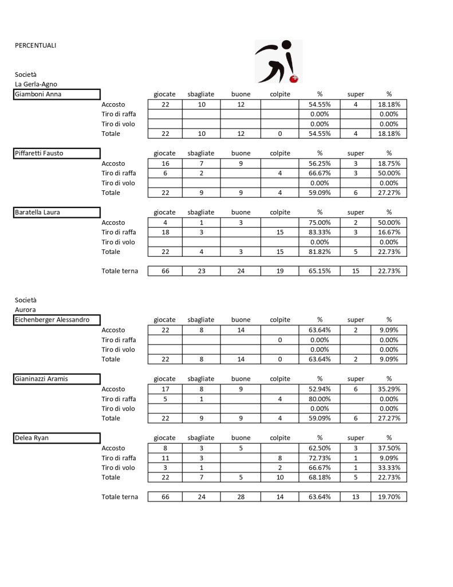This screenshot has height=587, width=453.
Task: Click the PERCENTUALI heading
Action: [x=36, y=45]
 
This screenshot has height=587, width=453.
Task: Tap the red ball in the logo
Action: [x=295, y=78]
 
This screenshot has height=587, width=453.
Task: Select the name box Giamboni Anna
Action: [x=57, y=95]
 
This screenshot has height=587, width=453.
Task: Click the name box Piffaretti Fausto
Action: [x=57, y=153]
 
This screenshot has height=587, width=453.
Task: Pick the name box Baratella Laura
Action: [x=57, y=212]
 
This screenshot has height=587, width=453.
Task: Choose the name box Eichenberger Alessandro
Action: [x=57, y=320]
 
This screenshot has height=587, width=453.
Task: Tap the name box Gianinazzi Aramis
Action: [x=57, y=379]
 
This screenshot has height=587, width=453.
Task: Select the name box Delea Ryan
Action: [x=57, y=438]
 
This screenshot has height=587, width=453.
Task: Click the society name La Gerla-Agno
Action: [x=36, y=84]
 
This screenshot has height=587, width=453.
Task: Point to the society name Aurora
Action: [x=26, y=310]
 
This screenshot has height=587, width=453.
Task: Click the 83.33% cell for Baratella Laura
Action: [x=320, y=232]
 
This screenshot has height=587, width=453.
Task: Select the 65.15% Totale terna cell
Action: [x=320, y=271]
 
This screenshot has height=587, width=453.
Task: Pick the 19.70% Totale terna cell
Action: [x=388, y=497]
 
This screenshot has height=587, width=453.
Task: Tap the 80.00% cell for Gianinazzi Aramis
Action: [x=320, y=399]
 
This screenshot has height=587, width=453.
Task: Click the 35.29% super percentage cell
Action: [x=388, y=389]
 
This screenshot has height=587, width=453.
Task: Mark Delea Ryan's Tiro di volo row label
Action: [x=119, y=468]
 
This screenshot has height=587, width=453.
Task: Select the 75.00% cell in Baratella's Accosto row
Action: [x=320, y=222]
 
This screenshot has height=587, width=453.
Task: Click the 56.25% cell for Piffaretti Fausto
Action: [x=320, y=163]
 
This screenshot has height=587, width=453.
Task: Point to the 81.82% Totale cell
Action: [x=320, y=252]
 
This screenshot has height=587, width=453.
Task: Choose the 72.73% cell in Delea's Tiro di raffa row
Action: [x=320, y=458]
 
